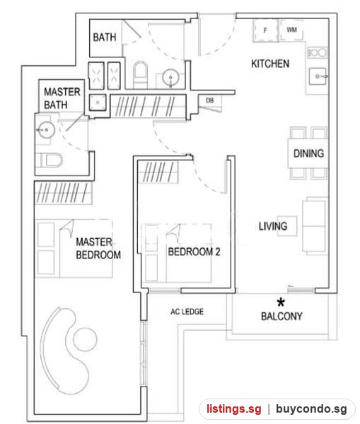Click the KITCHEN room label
[x=270, y=64]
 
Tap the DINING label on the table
[x=308, y=153]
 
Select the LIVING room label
[x=273, y=226]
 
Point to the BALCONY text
[x=281, y=316]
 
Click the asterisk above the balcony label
[x=281, y=302]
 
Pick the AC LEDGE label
[x=187, y=312]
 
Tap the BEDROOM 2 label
[x=194, y=252]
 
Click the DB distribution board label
[x=210, y=100]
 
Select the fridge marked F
[x=265, y=30]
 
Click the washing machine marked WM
[x=291, y=30]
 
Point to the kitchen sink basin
[x=318, y=76]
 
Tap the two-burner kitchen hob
[x=318, y=52]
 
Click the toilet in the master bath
[x=50, y=160]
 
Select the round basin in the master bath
[x=46, y=130]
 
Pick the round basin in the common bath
[x=170, y=77]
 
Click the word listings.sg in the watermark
[x=234, y=408]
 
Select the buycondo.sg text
[x=311, y=408]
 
